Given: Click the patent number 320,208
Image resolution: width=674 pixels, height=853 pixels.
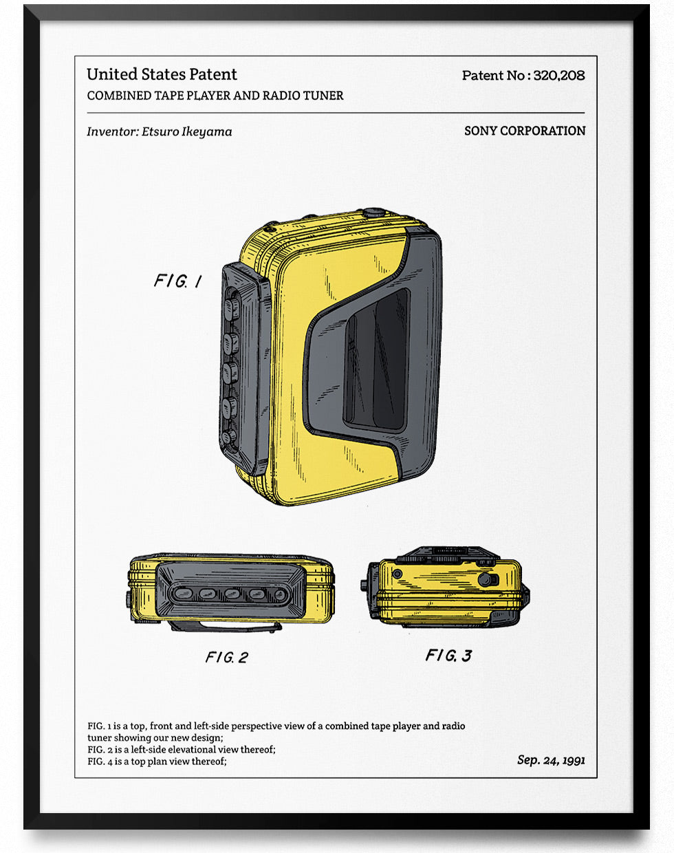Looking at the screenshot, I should tap(558, 76).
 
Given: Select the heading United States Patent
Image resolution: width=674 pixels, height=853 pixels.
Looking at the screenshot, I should tap(162, 74).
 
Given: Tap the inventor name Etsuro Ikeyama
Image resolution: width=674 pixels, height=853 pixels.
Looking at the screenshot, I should tap(186, 131).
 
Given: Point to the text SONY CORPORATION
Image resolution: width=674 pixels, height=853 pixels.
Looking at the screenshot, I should tap(525, 131).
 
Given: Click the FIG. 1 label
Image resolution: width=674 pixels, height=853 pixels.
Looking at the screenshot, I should tap(177, 281).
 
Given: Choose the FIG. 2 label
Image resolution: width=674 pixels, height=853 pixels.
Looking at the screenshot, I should tap(226, 658).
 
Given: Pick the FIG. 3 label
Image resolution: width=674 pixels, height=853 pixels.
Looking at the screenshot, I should tap(448, 656).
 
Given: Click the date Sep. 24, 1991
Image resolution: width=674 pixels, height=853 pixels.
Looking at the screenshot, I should tap(551, 759).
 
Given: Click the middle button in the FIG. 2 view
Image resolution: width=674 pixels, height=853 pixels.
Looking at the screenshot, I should tap(231, 593).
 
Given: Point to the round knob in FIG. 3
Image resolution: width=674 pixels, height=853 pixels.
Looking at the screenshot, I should tap(488, 579).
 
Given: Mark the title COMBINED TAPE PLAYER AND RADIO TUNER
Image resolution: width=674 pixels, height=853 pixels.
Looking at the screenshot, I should tap(215, 96).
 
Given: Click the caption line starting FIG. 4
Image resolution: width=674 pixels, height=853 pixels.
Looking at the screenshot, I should tap(157, 762).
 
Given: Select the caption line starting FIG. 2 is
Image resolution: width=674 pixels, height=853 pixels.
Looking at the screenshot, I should tap(181, 749).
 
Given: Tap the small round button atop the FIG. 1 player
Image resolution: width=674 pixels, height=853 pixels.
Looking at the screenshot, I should tap(373, 213).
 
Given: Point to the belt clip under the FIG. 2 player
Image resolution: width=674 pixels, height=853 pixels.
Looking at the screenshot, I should tap(227, 627).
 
